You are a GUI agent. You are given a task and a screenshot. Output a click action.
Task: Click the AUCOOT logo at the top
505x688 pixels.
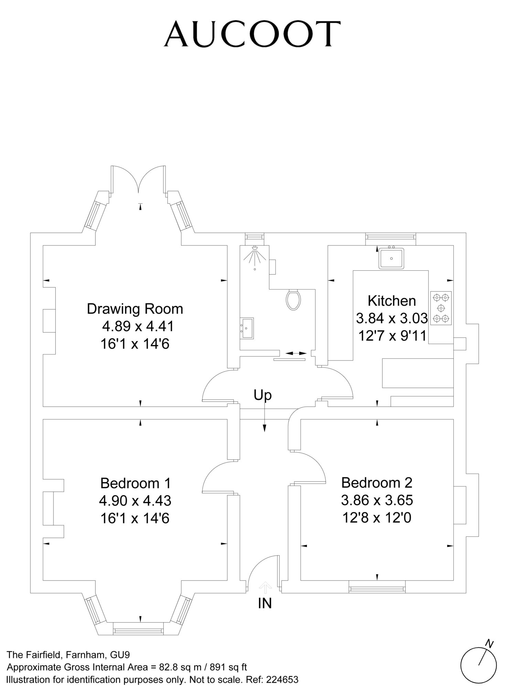[252, 33]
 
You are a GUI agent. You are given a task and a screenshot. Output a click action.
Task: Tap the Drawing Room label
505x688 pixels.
[135, 309]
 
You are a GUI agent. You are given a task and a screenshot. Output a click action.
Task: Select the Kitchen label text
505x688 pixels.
[392, 301]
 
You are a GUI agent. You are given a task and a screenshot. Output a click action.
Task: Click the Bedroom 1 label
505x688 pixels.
[136, 483]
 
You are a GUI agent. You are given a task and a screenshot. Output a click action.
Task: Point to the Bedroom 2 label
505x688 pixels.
[377, 483]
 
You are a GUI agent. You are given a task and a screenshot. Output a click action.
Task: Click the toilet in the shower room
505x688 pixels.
[293, 299]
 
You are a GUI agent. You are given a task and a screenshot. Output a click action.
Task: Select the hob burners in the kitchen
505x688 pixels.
[441, 308]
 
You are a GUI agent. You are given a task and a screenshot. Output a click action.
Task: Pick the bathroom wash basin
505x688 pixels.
[247, 328]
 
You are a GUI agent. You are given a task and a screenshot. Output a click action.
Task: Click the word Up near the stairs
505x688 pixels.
[262, 396]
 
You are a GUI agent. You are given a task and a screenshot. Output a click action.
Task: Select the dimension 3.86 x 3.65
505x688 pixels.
[377, 500]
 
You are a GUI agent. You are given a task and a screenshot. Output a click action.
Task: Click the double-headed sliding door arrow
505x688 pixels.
[296, 353]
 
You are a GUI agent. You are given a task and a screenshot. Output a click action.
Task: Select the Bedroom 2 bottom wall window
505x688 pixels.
[377, 587]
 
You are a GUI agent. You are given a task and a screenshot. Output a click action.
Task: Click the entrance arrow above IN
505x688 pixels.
[265, 587]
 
